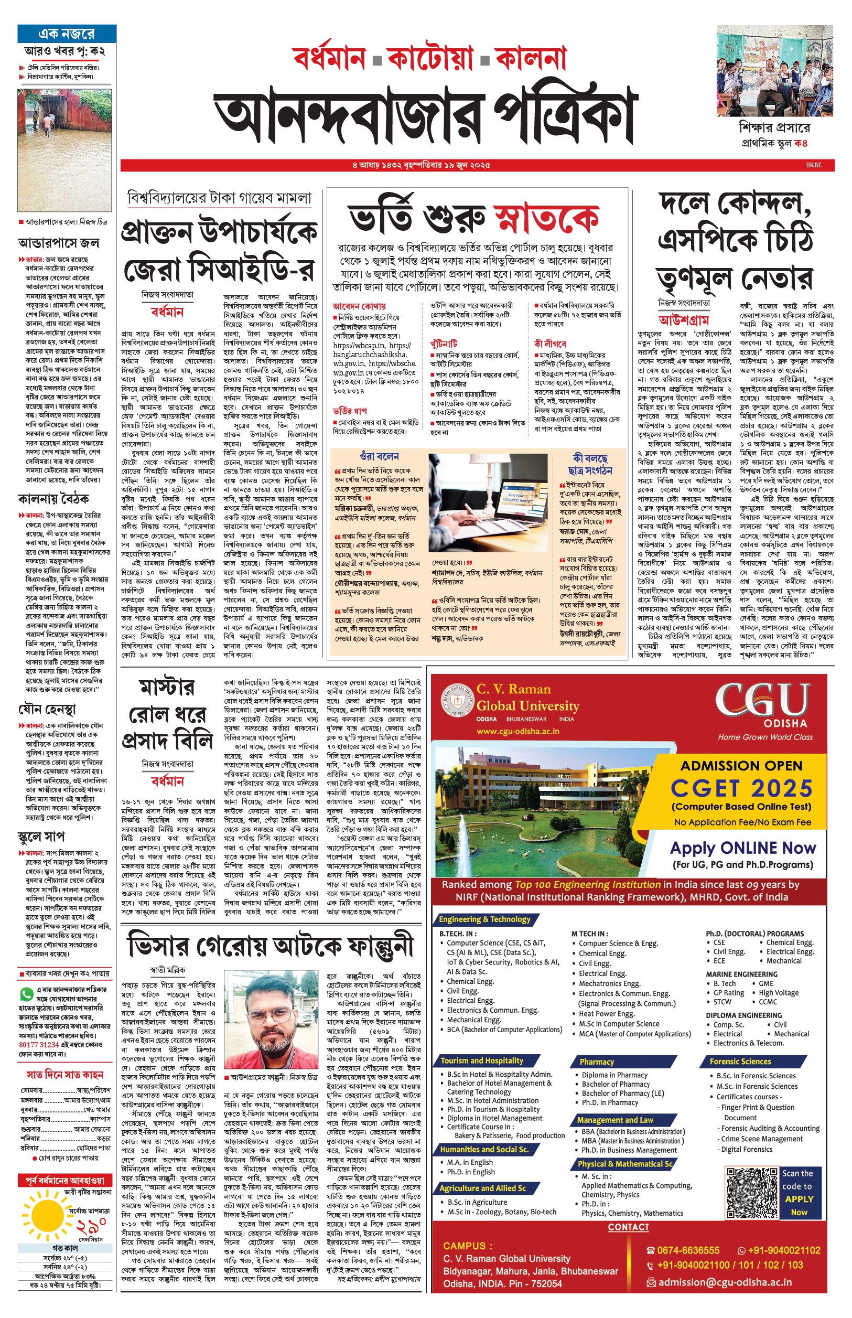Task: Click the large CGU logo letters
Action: [763, 700]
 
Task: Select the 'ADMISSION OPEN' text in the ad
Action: [741, 766]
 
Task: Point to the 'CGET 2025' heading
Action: [741, 788]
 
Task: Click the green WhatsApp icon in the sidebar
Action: [26, 994]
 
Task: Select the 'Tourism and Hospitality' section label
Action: [482, 1060]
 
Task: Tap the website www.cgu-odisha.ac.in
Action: [518, 731]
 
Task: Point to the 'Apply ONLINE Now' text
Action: [742, 848]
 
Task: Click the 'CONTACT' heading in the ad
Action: [628, 1227]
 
